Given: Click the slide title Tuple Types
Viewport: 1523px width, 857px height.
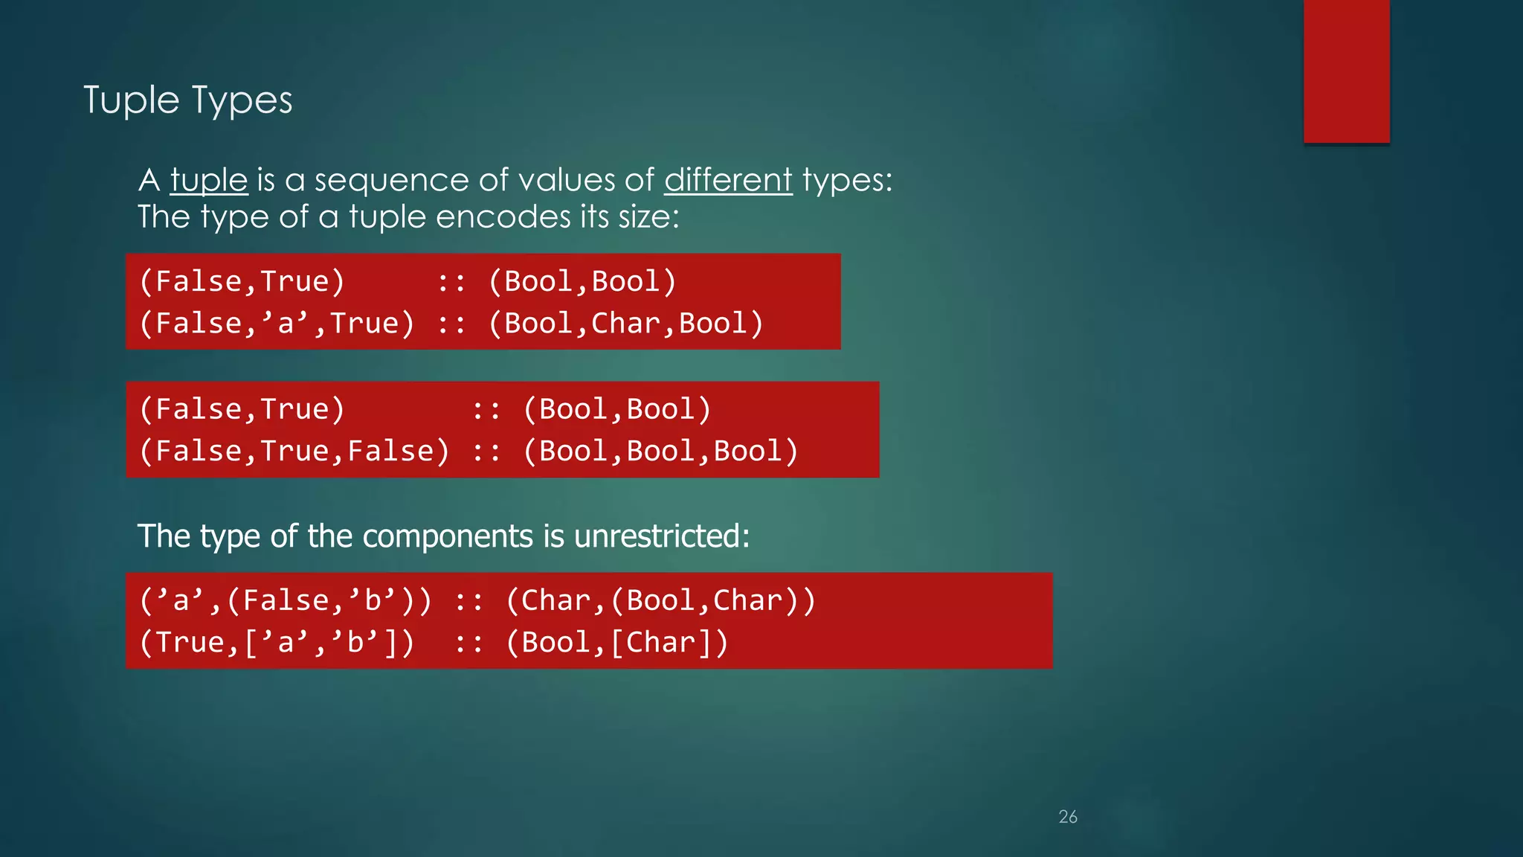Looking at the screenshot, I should click(x=187, y=100).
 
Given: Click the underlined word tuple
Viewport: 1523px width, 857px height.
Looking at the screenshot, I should click(x=208, y=180).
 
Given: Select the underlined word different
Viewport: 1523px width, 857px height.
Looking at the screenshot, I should click(x=728, y=180).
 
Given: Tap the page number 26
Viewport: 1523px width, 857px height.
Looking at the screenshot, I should click(x=1068, y=817).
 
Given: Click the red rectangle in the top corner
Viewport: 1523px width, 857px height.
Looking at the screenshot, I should click(x=1346, y=71).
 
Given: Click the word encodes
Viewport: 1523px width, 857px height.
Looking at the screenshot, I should click(x=503, y=217).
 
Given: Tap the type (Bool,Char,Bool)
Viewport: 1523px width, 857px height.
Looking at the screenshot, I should click(x=625, y=324).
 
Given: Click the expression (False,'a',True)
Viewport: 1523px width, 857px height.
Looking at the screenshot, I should click(x=277, y=324).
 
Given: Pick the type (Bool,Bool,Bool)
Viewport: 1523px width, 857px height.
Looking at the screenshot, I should click(x=660, y=452).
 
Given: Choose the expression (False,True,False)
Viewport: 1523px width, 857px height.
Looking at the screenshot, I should click(x=294, y=452).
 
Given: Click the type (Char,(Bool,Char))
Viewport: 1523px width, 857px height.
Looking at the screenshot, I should click(x=660, y=600).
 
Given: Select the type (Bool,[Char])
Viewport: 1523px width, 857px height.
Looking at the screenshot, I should click(x=617, y=643).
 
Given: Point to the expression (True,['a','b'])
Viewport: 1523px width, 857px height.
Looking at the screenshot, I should click(x=277, y=643).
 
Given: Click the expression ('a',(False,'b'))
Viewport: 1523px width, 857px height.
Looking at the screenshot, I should click(x=286, y=600).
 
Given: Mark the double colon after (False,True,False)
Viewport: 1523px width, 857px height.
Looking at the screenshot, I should click(x=486, y=452).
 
